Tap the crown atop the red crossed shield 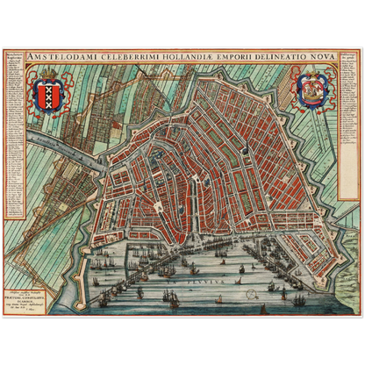point(47,76)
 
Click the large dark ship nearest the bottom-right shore point(299,299)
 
